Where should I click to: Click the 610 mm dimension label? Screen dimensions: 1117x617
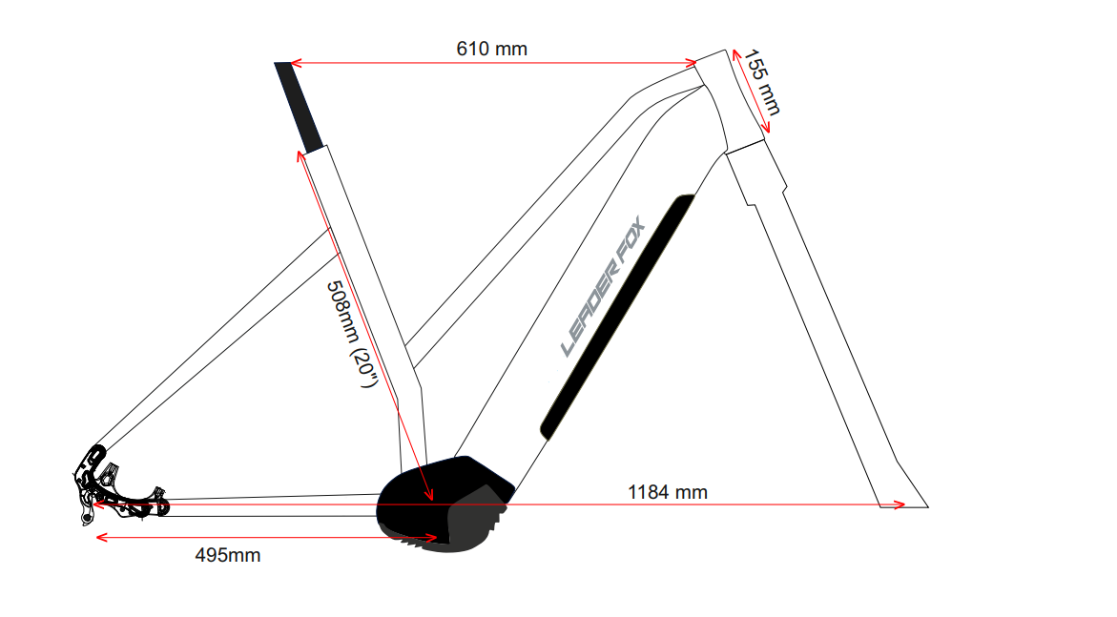click(x=491, y=50)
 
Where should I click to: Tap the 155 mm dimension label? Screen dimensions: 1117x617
click(x=762, y=82)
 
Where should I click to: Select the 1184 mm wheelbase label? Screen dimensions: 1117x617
click(x=668, y=492)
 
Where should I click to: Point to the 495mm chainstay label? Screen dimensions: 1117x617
click(x=228, y=555)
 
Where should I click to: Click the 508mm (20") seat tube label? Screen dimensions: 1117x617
click(x=350, y=334)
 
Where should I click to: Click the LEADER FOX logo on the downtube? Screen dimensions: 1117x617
click(x=603, y=286)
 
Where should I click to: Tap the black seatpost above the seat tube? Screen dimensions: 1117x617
click(x=300, y=107)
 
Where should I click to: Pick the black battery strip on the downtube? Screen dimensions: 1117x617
click(x=617, y=317)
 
